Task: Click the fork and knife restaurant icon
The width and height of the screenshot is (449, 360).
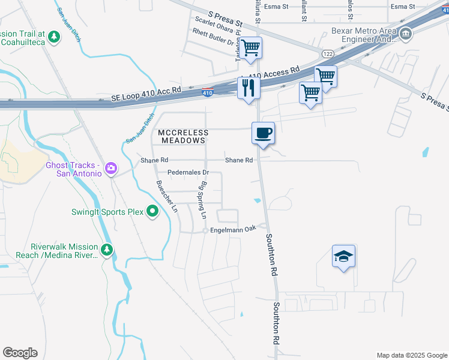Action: pos(247,88)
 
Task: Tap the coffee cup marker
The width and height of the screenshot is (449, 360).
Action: pos(262,133)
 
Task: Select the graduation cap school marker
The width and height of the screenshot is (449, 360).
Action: pos(343,256)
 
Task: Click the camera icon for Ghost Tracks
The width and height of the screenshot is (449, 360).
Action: pos(110,168)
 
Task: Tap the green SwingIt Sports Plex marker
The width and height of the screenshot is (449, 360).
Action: pos(152,211)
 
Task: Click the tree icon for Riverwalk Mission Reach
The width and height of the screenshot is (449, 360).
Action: pos(107,250)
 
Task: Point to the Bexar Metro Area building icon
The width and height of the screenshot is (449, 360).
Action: pos(406,33)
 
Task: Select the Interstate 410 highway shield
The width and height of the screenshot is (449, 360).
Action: pos(207,92)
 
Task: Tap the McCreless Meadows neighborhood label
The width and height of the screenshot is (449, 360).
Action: pos(184,136)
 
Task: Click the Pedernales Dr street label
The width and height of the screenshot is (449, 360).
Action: pos(187,172)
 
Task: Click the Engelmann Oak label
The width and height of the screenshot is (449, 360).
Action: pos(233,229)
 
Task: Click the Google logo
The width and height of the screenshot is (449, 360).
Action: pos(20,353)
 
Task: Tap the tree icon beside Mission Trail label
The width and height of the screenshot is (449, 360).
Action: pos(55,37)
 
